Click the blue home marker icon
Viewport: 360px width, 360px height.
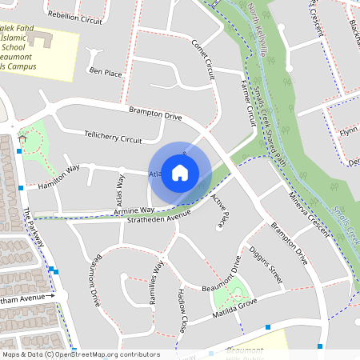click(180, 173)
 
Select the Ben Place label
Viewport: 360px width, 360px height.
click(105, 72)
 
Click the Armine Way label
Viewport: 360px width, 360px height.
click(112, 210)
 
